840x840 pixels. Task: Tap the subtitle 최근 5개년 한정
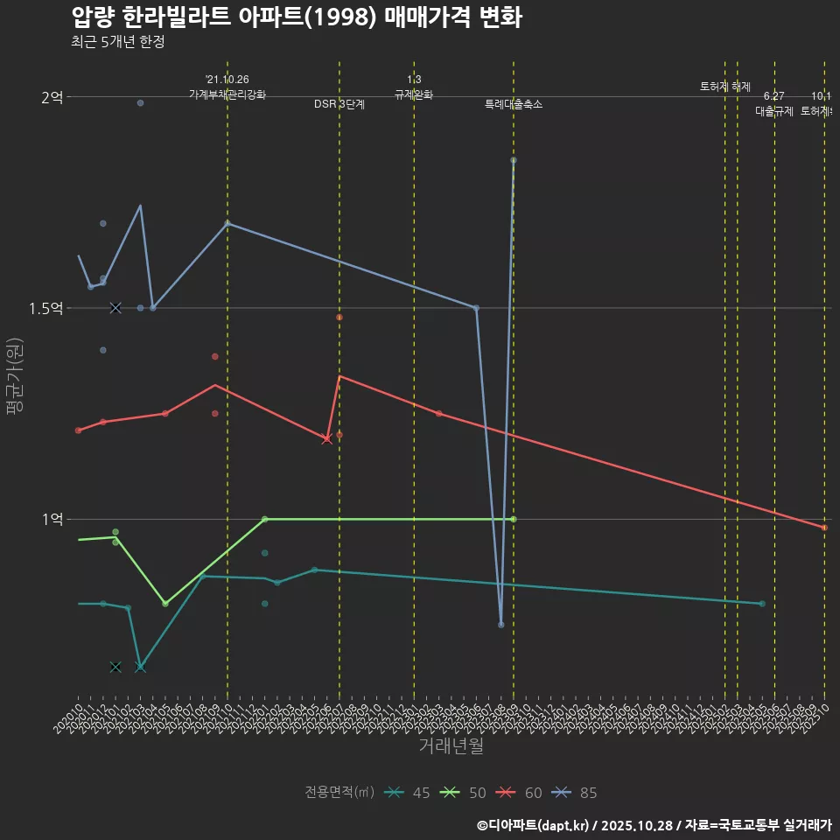point(117,42)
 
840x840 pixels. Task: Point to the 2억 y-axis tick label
point(52,97)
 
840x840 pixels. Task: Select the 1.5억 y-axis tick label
point(45,308)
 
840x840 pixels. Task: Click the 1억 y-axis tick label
point(52,519)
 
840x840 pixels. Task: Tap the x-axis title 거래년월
point(451,746)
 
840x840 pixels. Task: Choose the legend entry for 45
point(408,793)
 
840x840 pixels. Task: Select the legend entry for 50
point(464,793)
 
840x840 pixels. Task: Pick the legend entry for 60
point(520,793)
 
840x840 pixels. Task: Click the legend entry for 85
point(576,793)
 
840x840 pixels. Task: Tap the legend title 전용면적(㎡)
point(339,793)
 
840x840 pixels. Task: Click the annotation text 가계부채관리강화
point(227,94)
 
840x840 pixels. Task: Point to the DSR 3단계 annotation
point(339,104)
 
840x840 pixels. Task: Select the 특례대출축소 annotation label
point(514,104)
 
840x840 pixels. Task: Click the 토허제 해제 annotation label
point(725,87)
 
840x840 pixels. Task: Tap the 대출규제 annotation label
point(774,111)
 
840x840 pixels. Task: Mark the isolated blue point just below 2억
point(140,103)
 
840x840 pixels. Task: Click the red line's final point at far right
point(824,528)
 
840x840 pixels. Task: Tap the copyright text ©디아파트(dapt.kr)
point(533,825)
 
